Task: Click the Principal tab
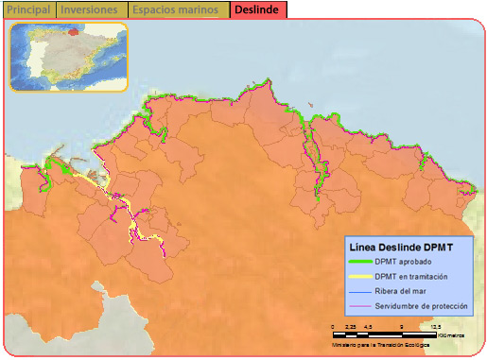[x=28, y=9]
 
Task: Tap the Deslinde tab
[x=256, y=9]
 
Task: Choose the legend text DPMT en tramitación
[x=410, y=277]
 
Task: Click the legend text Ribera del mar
[x=401, y=292]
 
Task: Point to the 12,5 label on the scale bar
[x=435, y=326]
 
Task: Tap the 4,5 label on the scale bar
[x=367, y=326]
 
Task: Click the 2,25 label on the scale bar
[x=350, y=326]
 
